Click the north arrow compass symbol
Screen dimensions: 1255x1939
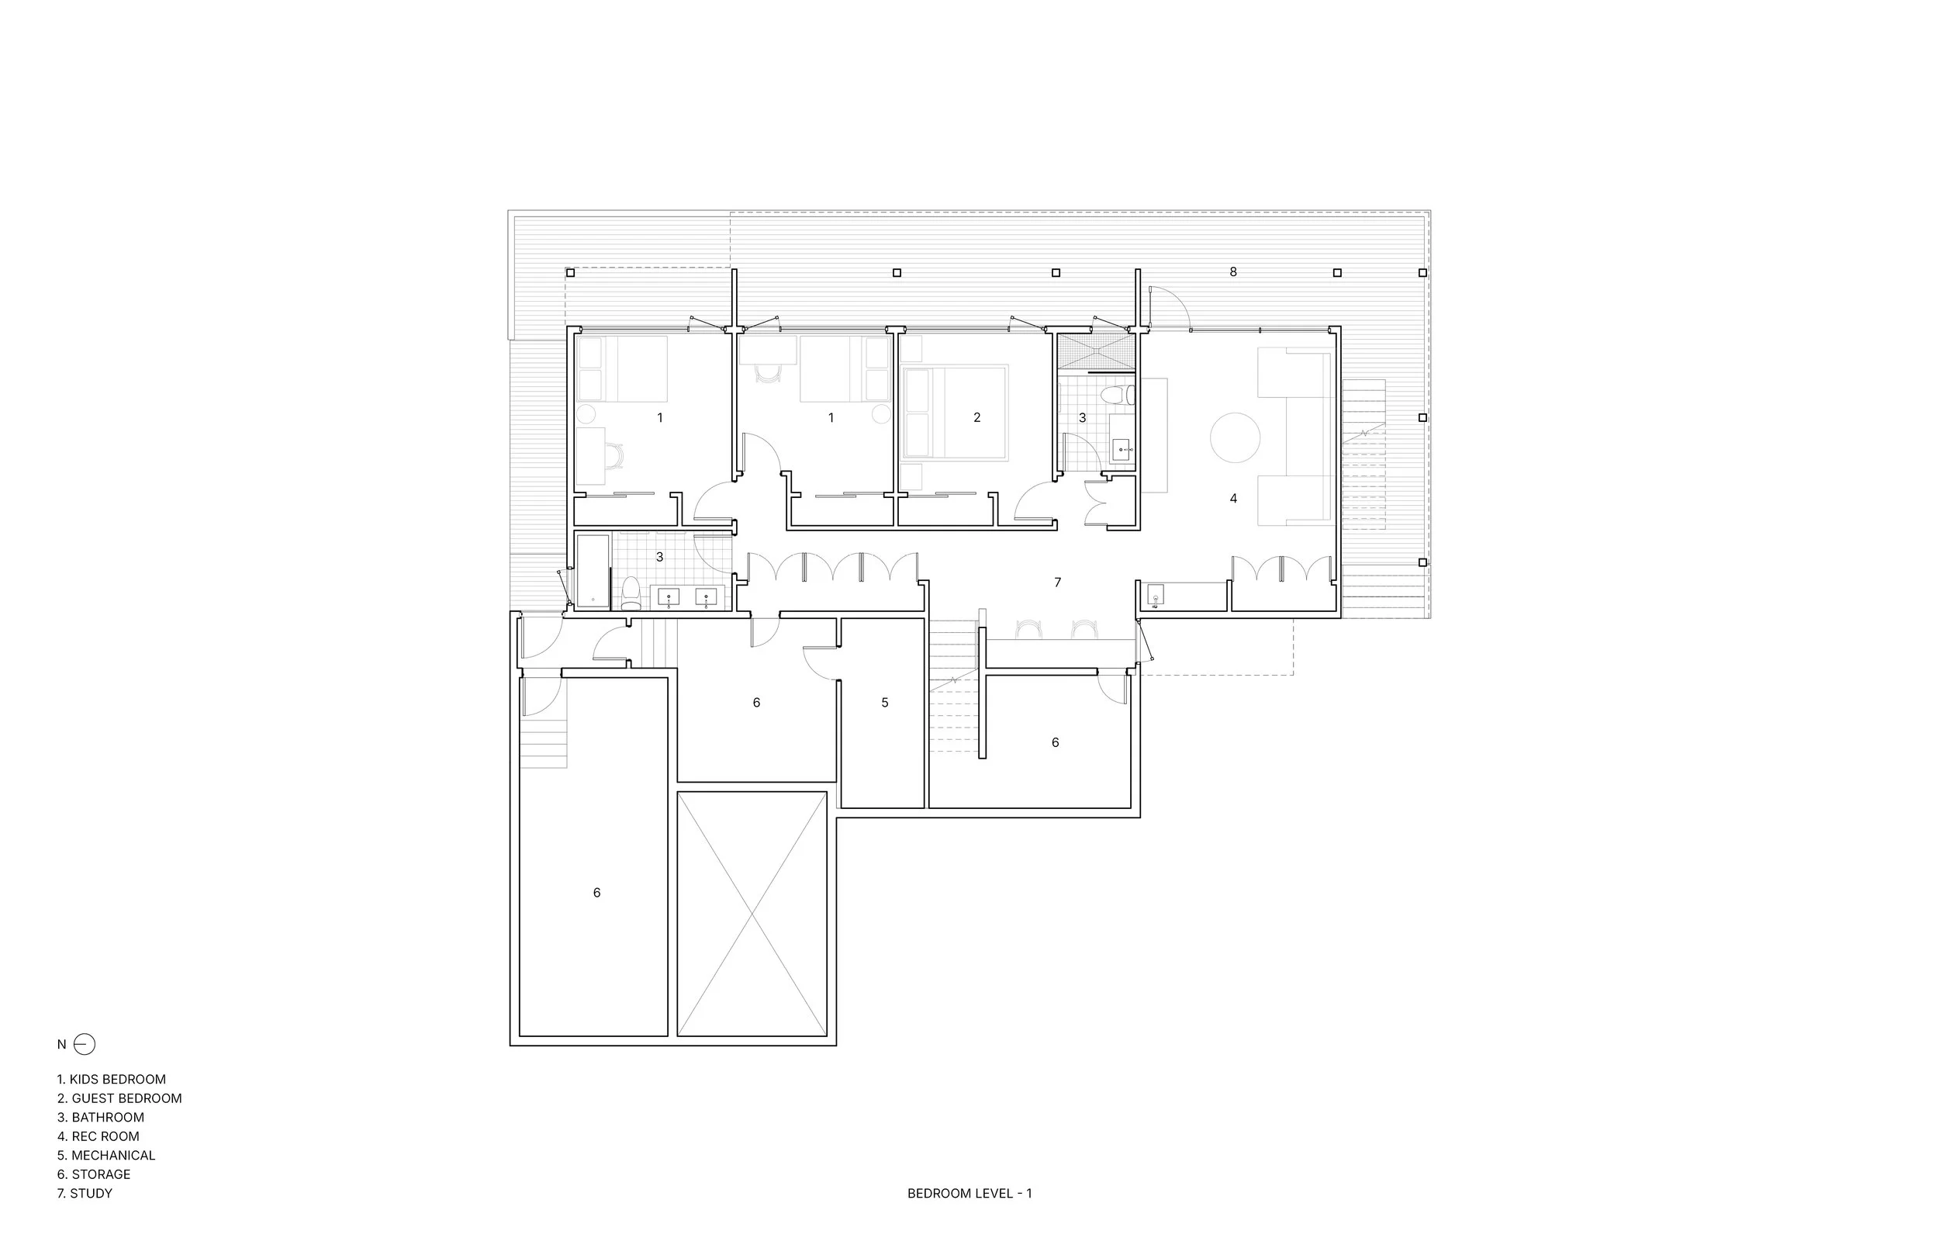(84, 1044)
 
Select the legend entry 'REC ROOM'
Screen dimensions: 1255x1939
(99, 1136)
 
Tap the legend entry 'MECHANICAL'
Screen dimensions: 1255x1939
(106, 1155)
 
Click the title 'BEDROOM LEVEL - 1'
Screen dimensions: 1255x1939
(969, 1193)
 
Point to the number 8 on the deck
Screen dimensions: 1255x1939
(1232, 272)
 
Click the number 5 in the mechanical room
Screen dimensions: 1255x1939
(885, 703)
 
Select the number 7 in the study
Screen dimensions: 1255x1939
(1057, 582)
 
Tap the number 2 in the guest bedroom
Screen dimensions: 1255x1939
(976, 417)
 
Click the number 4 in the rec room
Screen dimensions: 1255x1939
(1232, 498)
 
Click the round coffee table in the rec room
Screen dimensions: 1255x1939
(1235, 437)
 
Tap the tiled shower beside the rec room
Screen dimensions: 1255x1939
(1095, 351)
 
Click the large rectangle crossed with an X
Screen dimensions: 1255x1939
(751, 914)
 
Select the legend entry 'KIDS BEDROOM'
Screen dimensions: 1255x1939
(112, 1079)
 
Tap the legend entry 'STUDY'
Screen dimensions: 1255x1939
(85, 1193)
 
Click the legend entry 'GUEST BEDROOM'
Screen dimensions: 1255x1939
(119, 1098)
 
